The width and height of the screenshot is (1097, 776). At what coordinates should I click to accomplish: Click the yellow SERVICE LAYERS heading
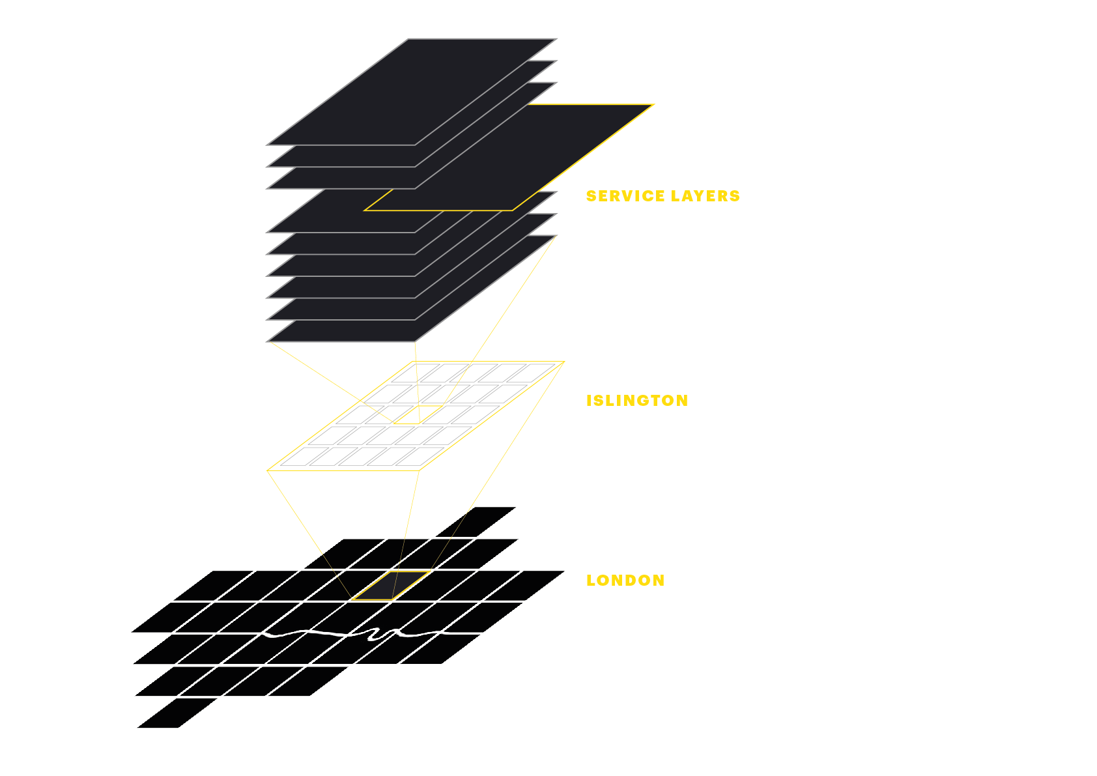[663, 196]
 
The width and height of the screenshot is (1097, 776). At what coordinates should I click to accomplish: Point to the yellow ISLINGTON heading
[637, 401]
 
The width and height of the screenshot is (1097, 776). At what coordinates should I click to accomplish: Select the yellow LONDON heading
[625, 581]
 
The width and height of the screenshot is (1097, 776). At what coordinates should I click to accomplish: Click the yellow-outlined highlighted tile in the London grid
[392, 585]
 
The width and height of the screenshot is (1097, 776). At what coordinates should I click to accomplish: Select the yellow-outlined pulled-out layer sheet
[515, 156]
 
